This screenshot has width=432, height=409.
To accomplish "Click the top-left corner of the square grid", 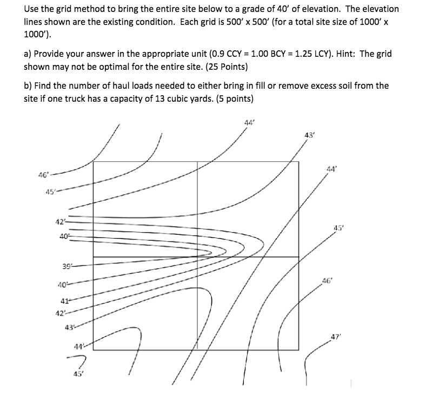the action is pyautogui.click(x=94, y=161).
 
